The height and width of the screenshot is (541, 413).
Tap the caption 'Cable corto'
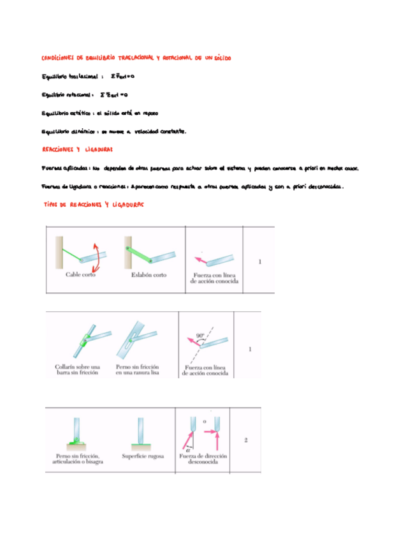pyautogui.click(x=81, y=276)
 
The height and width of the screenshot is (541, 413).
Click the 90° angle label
pyautogui.click(x=200, y=334)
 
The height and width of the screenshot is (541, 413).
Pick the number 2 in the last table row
pyautogui.click(x=245, y=440)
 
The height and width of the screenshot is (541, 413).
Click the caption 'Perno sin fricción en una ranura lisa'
pyautogui.click(x=137, y=370)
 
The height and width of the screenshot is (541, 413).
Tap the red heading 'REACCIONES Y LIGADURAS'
pyautogui.click(x=76, y=150)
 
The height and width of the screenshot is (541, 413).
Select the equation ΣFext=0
pyautogui.click(x=122, y=77)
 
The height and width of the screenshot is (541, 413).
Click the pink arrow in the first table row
pyautogui.click(x=201, y=260)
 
